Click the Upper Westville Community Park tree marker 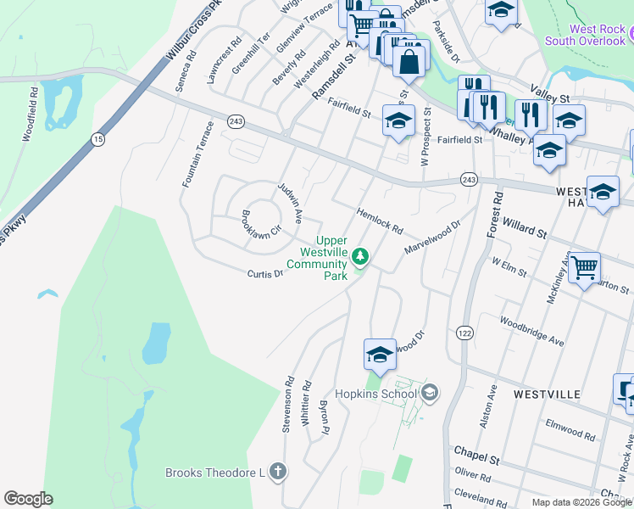coord(360,255)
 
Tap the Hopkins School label coord(376,394)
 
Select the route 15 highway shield coord(99,139)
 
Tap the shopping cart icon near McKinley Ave coord(584,269)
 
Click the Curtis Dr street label coord(264,274)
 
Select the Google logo coord(28,499)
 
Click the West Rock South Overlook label coord(585,35)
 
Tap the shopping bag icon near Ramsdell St coord(409,61)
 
